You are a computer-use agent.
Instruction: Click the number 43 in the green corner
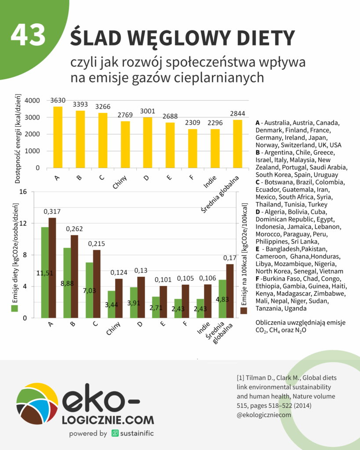[x=28, y=35]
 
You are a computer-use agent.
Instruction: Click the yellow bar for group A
[x=58, y=138]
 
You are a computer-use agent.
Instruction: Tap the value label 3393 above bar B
[x=80, y=105]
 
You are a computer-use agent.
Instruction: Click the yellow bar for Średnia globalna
[x=237, y=144]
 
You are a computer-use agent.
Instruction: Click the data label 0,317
[x=52, y=212]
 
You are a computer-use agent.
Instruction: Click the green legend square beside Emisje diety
[x=15, y=308]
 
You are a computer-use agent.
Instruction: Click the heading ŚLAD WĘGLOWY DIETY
[x=182, y=38]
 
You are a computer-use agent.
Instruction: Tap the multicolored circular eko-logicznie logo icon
[x=37, y=407]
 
